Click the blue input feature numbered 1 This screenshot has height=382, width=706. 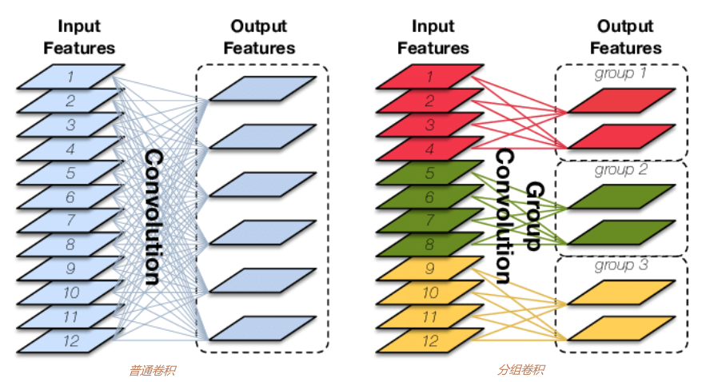[x=70, y=77]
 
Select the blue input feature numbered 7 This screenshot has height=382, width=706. [x=70, y=220]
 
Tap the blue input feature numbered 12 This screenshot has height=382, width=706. [x=70, y=340]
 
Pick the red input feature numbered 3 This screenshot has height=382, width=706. [x=430, y=125]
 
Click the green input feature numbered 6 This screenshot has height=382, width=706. [x=430, y=197]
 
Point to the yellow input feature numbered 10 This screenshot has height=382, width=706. [x=430, y=292]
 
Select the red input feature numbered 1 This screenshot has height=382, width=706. [x=430, y=77]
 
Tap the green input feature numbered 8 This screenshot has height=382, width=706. [x=430, y=245]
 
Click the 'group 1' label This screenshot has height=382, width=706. [x=620, y=74]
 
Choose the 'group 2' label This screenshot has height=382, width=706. [x=621, y=170]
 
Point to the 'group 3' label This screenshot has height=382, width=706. [x=621, y=265]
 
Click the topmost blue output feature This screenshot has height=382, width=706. [x=262, y=88]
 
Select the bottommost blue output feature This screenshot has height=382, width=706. [x=262, y=328]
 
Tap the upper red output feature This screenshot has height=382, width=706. [x=621, y=101]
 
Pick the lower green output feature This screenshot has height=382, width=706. [x=621, y=233]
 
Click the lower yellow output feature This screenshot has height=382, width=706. [x=621, y=328]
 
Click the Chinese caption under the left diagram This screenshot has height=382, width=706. [x=152, y=371]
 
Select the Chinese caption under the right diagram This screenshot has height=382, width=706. [x=521, y=370]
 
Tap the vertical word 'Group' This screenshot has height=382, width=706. [x=535, y=216]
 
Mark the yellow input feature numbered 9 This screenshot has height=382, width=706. [x=430, y=269]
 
